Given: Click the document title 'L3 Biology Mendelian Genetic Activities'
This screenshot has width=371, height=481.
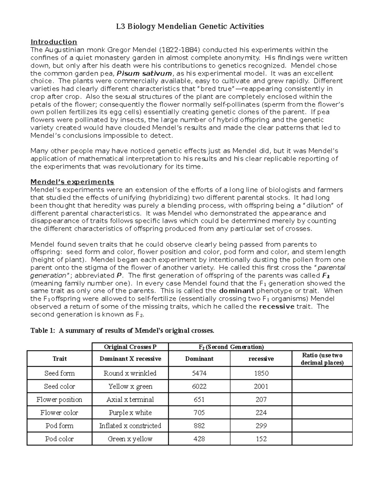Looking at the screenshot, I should coord(190,26).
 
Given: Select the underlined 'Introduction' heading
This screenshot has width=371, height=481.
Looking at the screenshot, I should coord(53,42).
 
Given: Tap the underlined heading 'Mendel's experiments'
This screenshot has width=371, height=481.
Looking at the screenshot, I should coord(72,182).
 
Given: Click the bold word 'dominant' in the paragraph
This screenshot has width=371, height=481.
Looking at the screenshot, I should coord(237,291).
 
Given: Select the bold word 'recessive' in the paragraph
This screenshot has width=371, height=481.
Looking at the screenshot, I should coord(277,307).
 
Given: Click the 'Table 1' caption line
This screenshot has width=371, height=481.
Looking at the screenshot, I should coord(122,330).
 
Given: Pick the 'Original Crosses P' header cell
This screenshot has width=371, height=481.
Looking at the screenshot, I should coord(130,347).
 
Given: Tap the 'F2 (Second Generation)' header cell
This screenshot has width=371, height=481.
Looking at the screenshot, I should coord(230,347).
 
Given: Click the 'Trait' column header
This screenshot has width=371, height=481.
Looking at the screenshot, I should coord(59,359).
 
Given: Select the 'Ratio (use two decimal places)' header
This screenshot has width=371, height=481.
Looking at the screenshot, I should coord(322,359).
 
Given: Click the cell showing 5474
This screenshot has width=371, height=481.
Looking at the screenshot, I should coord(199,373).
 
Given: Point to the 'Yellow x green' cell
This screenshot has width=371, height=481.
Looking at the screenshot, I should coord(130,386).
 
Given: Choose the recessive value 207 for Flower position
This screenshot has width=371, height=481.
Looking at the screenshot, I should coord(261,400).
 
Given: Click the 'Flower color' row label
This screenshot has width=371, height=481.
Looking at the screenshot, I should coord(59,413).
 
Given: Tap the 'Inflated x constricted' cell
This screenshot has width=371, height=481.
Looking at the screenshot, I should coord(130,426).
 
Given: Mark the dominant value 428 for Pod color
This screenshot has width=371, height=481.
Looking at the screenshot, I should coord(199,439).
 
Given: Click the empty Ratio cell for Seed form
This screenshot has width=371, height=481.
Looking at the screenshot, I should coord(322,373).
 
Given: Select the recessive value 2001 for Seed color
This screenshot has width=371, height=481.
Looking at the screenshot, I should coord(261,386).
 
